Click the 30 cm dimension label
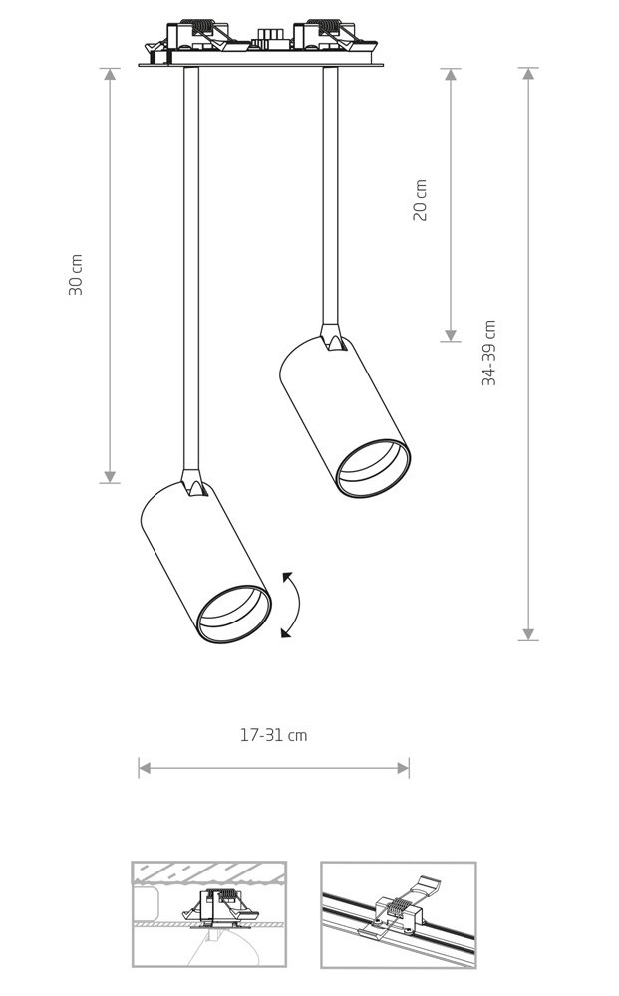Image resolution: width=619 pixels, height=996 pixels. click(x=76, y=275)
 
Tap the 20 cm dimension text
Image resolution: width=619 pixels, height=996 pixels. click(x=420, y=200)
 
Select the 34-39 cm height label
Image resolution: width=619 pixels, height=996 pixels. click(x=488, y=354)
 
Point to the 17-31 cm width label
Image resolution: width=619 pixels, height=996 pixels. click(x=273, y=735)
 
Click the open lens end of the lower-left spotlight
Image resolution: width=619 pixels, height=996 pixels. click(x=234, y=614)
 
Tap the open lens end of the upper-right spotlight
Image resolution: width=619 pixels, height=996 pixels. click(x=373, y=468)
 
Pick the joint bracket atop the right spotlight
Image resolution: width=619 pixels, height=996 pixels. click(x=332, y=338)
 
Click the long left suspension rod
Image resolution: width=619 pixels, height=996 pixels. click(x=190, y=268)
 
